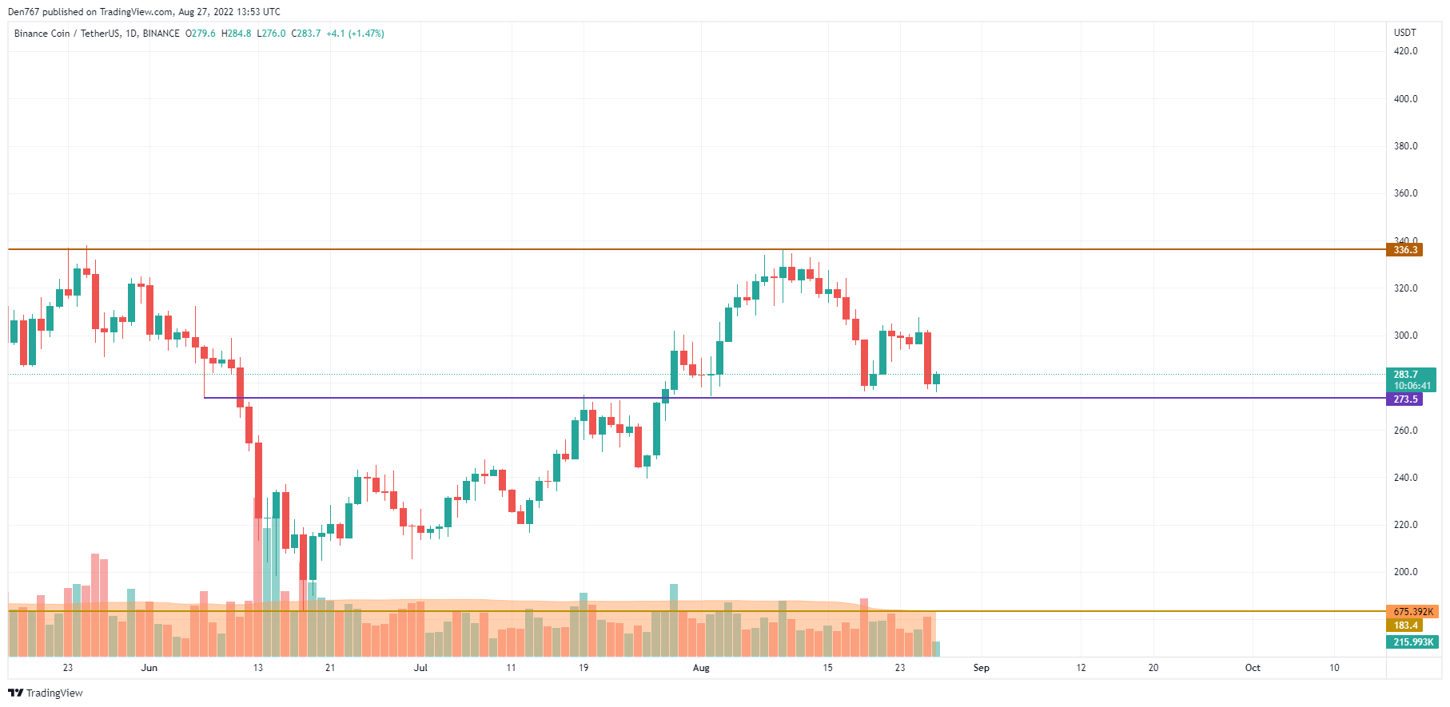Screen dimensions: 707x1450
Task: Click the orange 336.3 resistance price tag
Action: click(1404, 250)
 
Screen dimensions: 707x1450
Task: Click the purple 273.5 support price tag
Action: click(1404, 399)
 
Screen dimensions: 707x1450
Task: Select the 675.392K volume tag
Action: click(1412, 612)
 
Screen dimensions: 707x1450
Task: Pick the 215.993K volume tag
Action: click(1412, 642)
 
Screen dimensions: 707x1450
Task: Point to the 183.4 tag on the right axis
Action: click(1404, 626)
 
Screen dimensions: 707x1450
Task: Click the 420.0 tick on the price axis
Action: click(1405, 51)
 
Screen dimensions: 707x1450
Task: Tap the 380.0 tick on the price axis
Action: click(1405, 146)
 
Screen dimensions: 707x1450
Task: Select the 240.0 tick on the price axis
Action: click(1405, 478)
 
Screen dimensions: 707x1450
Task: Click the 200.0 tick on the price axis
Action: click(1405, 572)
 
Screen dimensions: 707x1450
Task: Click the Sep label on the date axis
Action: click(981, 668)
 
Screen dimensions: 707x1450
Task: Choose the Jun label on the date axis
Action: click(149, 668)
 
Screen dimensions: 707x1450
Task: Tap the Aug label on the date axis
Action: click(701, 668)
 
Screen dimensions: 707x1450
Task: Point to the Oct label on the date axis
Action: click(1253, 668)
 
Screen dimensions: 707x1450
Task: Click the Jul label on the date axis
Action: click(420, 668)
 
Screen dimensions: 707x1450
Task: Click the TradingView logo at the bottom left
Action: click(46, 693)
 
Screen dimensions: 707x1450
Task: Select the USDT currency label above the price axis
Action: click(1404, 33)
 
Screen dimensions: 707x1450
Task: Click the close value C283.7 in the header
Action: click(306, 34)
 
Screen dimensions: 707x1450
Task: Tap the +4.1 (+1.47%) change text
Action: click(355, 34)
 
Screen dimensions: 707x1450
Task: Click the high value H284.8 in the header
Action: click(237, 34)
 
